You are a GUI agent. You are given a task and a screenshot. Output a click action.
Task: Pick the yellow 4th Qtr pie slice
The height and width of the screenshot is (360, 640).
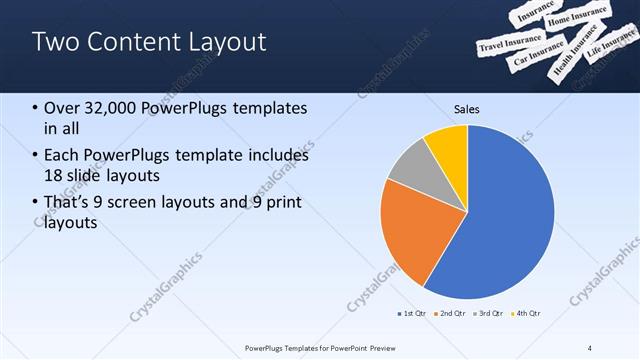pos(448,148)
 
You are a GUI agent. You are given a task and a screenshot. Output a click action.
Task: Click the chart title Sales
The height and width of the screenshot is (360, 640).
pos(466,107)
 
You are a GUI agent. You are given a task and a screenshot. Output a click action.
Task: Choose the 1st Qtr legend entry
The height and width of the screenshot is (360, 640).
pos(411,313)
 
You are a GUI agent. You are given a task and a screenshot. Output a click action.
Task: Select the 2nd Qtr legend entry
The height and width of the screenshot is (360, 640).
pos(451,313)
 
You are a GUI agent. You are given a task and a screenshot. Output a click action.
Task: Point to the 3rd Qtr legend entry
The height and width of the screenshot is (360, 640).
pos(490,313)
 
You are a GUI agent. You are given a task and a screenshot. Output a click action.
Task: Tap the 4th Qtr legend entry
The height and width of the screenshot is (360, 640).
pos(527,313)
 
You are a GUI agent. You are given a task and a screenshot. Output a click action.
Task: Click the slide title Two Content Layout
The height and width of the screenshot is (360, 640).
pos(149,42)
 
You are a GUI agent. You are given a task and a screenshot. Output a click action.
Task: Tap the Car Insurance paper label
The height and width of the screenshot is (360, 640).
pos(537,55)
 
